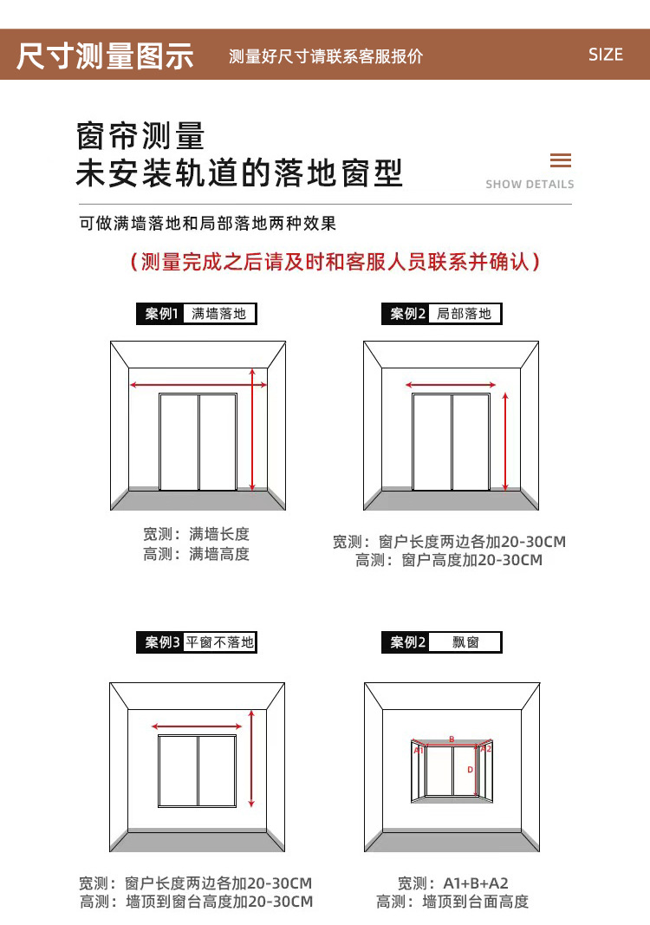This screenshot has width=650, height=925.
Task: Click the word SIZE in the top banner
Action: point(605,55)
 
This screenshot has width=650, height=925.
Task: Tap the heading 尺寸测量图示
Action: point(105,55)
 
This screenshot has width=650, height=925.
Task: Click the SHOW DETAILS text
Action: point(530,184)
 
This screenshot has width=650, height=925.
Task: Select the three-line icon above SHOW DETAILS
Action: point(561,160)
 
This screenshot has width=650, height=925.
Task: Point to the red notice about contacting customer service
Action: point(335,262)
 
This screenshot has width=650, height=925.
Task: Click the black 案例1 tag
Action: point(160,314)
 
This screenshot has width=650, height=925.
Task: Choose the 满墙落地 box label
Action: point(219,314)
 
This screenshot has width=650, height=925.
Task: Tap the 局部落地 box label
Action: point(465,314)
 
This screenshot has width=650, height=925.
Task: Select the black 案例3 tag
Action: point(160,642)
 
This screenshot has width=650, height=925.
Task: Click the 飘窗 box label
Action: point(465,642)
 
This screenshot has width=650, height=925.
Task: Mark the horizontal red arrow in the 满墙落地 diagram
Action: point(198,384)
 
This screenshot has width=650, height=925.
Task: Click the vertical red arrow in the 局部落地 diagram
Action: point(506,441)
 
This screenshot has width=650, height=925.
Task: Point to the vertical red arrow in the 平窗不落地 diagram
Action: point(251,759)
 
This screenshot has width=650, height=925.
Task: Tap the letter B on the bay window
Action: point(452,739)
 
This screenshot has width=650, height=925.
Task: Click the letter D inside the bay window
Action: point(470,770)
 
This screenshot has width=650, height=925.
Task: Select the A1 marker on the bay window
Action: point(419,750)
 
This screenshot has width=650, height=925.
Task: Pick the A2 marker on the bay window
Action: point(485,748)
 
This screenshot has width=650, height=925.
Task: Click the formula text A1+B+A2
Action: point(476,883)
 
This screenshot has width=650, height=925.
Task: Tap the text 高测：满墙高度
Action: point(197,554)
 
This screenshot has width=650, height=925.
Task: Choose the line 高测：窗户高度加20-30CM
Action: point(449,560)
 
